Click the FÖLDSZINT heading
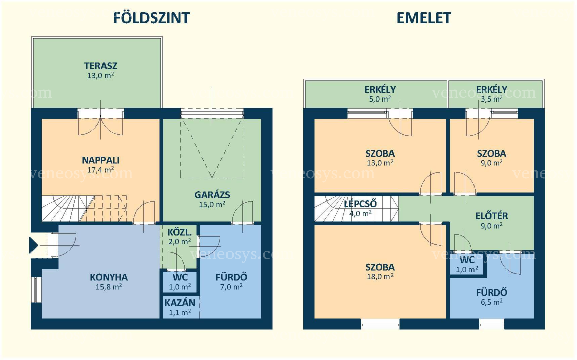click(x=152, y=18)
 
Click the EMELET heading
click(x=424, y=18)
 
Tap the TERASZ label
click(x=100, y=66)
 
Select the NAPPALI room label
click(x=100, y=160)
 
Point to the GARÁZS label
click(x=212, y=195)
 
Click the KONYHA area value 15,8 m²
click(x=109, y=287)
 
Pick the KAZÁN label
click(x=180, y=303)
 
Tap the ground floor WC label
click(x=180, y=278)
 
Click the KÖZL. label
click(x=179, y=232)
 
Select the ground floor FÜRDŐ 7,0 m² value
click(x=231, y=287)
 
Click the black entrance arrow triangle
click(x=33, y=245)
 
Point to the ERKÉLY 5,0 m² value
click(x=380, y=99)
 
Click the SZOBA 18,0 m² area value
click(x=380, y=277)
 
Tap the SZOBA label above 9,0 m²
click(x=491, y=154)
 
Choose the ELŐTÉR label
click(x=492, y=216)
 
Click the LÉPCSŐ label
click(x=360, y=204)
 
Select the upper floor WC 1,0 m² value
click(x=467, y=270)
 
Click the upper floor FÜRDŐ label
click(x=492, y=293)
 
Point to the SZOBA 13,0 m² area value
click(x=380, y=163)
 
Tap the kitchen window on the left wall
click(x=36, y=289)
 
